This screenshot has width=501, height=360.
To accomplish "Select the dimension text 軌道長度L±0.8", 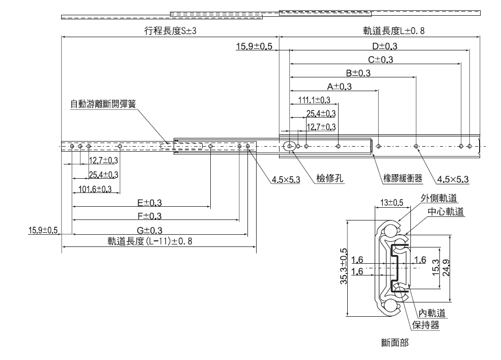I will [393, 31].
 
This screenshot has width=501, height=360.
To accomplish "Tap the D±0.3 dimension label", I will [381, 46].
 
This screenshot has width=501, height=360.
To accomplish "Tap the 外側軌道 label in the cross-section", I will [438, 198].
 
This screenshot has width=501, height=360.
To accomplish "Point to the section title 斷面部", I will [394, 343].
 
